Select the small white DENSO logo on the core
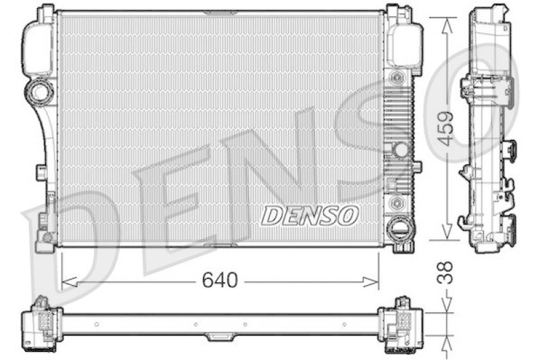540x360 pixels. click(x=309, y=215)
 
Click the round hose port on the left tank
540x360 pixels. click(x=39, y=91)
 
